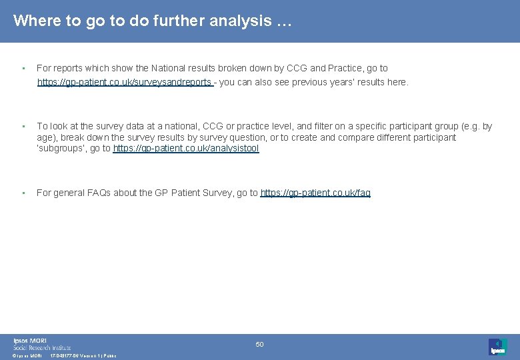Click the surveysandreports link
pos(125,82)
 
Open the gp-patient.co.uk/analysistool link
pos(186,149)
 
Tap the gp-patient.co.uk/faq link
pos(315,193)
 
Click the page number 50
pos(260,344)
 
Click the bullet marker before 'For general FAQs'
pos(23,193)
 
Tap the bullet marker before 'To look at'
pos(23,126)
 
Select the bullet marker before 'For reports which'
pos(23,68)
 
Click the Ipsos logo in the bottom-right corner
pos(497,346)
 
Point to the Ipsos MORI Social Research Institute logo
pos(42,344)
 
